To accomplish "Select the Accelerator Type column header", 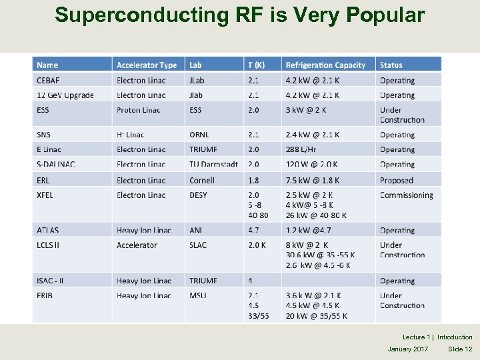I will pyautogui.click(x=147, y=65).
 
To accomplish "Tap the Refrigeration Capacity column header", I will pyautogui.click(x=325, y=65).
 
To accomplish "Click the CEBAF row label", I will pyautogui.click(x=48, y=80).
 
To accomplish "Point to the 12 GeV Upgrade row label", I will pyautogui.click(x=65, y=95).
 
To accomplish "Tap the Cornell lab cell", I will pyautogui.click(x=202, y=180).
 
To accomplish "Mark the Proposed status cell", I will pyautogui.click(x=397, y=180).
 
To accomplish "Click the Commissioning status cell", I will pyautogui.click(x=406, y=195).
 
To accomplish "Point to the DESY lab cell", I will pyautogui.click(x=198, y=195).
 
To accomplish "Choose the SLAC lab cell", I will pyautogui.click(x=198, y=245).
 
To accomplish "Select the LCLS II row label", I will pyautogui.click(x=48, y=245).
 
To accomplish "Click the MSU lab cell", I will pyautogui.click(x=197, y=295).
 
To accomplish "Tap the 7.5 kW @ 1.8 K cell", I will pyautogui.click(x=313, y=180).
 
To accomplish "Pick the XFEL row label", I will pyautogui.click(x=45, y=195).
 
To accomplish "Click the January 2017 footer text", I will pyautogui.click(x=408, y=349).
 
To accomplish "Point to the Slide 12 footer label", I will pyautogui.click(x=460, y=349).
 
